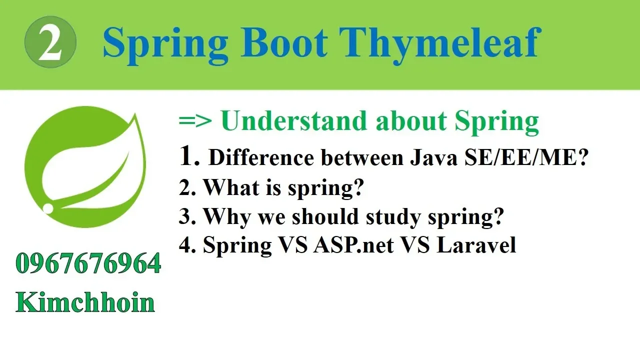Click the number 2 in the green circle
50,42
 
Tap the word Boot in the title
284,43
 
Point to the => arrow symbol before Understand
195,121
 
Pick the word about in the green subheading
411,121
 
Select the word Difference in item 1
261,157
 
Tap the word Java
433,157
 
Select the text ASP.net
353,245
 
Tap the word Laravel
476,245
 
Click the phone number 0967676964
88,263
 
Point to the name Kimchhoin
85,301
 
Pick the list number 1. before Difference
189,155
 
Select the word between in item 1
361,157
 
